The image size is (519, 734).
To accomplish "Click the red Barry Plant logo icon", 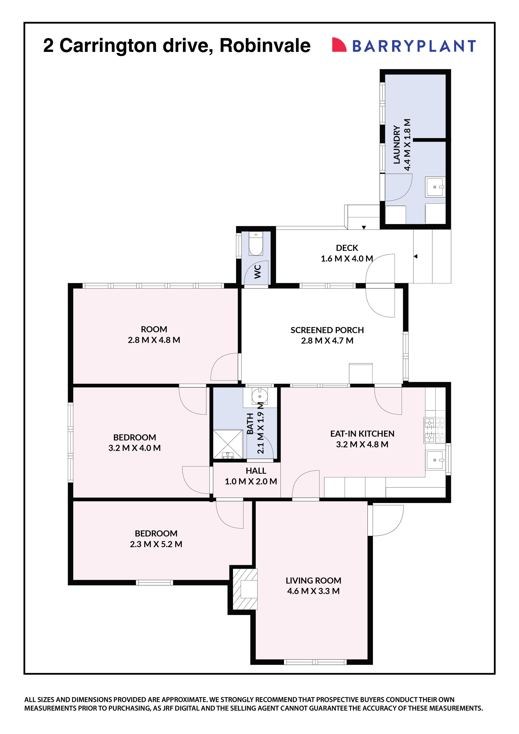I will [x=339, y=45].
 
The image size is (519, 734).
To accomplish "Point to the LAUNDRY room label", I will [x=397, y=145].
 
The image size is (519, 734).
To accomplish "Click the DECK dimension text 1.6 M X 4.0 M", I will [x=347, y=259].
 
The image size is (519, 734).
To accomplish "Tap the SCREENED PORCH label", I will [x=327, y=330].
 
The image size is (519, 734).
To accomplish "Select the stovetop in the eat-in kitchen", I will [x=434, y=430].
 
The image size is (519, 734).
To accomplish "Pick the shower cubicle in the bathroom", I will [x=228, y=444].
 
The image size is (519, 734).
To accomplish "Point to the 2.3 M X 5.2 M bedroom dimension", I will [x=156, y=544].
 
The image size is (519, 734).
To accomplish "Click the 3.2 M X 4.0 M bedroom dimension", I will [x=134, y=448].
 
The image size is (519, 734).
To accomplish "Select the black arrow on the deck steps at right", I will [x=415, y=256].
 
